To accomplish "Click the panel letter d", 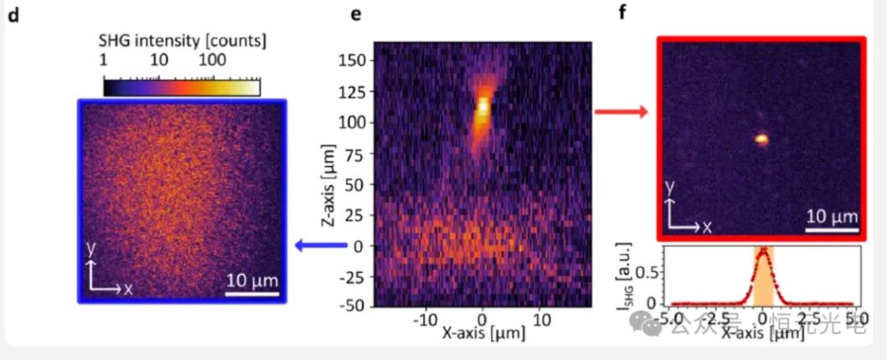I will pyautogui.click(x=13, y=17).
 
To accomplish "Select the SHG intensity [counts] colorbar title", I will pyautogui.click(x=182, y=40).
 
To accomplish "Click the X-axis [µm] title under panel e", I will pyautogui.click(x=484, y=333).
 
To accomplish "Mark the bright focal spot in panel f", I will pyautogui.click(x=761, y=139).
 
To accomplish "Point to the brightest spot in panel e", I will pyautogui.click(x=482, y=106).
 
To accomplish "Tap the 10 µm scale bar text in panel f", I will pyautogui.click(x=832, y=217).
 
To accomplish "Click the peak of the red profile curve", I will pyautogui.click(x=763, y=249).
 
